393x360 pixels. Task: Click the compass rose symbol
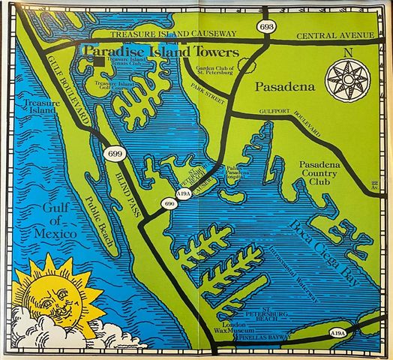pos(346,78)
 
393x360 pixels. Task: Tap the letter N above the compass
pos(346,52)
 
